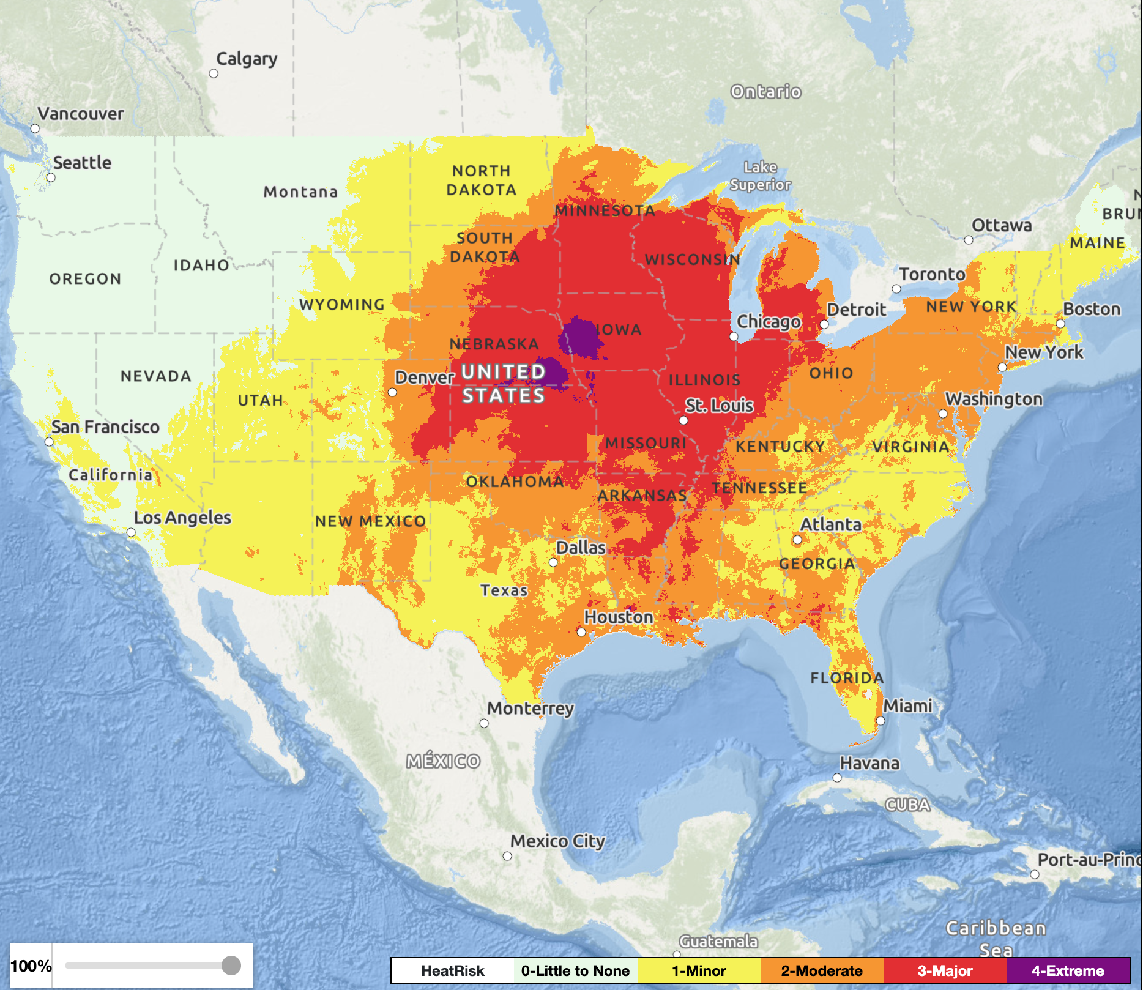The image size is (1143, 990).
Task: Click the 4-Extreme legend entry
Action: [x=1068, y=971]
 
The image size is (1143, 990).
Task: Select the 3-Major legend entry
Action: [x=945, y=971]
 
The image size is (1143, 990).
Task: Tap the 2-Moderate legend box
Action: [x=821, y=971]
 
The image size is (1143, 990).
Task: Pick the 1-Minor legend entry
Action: [x=699, y=971]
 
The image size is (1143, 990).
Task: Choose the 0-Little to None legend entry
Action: [x=575, y=971]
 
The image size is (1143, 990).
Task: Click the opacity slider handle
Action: [x=231, y=966]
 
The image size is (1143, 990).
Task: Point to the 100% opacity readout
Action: [x=31, y=966]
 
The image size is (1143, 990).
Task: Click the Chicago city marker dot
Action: [x=734, y=337]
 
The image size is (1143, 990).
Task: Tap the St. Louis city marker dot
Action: [x=683, y=420]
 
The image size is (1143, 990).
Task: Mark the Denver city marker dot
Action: [x=392, y=392]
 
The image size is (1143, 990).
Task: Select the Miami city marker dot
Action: [x=881, y=721]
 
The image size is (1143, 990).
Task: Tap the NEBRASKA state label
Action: [x=494, y=344]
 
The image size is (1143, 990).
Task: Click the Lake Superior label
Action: [x=760, y=176]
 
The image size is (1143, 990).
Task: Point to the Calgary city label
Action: [x=247, y=59]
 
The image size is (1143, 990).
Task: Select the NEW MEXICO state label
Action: [x=370, y=521]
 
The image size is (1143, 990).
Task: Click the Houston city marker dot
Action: [x=581, y=632]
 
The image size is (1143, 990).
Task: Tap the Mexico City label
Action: [x=557, y=841]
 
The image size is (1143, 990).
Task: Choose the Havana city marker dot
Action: [x=837, y=778]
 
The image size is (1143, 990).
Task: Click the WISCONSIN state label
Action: [x=692, y=259]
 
